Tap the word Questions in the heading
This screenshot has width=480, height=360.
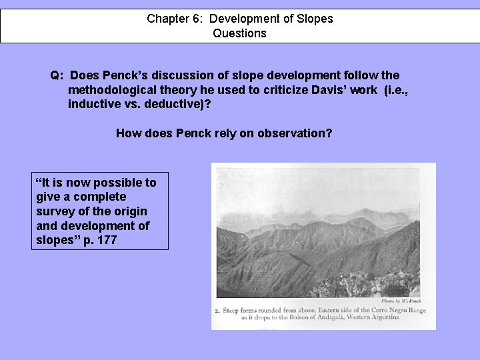coord(239,33)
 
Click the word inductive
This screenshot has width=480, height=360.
coord(93,105)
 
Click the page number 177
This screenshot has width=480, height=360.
coord(107,239)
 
